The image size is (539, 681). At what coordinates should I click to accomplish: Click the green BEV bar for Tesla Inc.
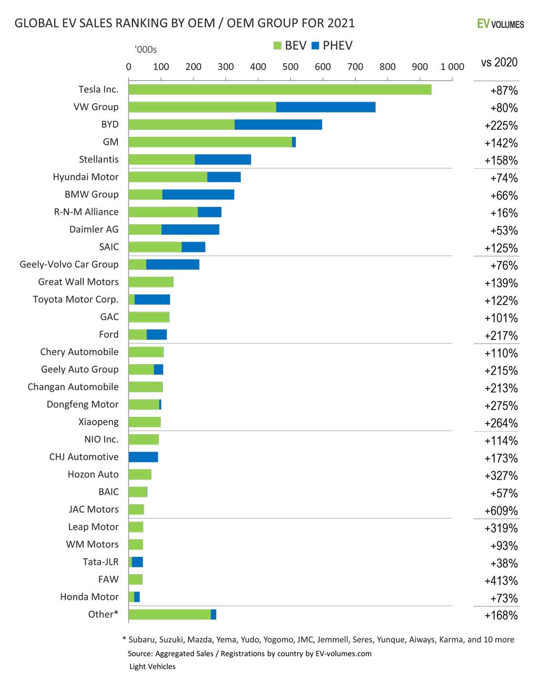click(x=280, y=89)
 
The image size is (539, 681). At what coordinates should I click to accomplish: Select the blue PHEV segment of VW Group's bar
click(x=325, y=107)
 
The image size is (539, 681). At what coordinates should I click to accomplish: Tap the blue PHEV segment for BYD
click(x=278, y=125)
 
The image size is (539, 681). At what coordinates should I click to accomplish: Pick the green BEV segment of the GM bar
click(x=210, y=142)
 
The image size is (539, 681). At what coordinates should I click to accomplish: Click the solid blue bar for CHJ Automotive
click(x=143, y=457)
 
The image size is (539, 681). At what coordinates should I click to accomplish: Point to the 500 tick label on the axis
click(x=290, y=67)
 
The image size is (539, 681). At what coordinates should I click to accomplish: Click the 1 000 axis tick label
click(x=452, y=67)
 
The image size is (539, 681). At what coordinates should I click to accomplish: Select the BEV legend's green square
click(x=277, y=46)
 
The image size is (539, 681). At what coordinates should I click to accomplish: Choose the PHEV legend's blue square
click(x=315, y=46)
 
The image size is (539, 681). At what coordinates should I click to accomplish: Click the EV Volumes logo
click(x=500, y=24)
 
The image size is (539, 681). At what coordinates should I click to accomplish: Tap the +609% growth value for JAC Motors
click(x=501, y=510)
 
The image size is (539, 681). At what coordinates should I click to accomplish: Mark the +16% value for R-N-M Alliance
click(x=504, y=213)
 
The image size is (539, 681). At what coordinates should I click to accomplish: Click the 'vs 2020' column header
click(x=499, y=63)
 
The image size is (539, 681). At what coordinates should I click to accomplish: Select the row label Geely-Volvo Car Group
click(x=69, y=264)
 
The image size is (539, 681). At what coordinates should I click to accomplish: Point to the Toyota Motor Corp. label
click(x=75, y=299)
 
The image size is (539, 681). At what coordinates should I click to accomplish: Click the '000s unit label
click(x=146, y=50)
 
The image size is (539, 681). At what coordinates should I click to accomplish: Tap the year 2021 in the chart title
click(x=341, y=23)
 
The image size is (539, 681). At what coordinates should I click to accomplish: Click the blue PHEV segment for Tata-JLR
click(x=137, y=562)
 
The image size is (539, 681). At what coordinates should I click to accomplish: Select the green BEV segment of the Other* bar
click(x=169, y=615)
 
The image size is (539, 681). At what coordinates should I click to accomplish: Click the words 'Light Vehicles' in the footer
click(x=153, y=666)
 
